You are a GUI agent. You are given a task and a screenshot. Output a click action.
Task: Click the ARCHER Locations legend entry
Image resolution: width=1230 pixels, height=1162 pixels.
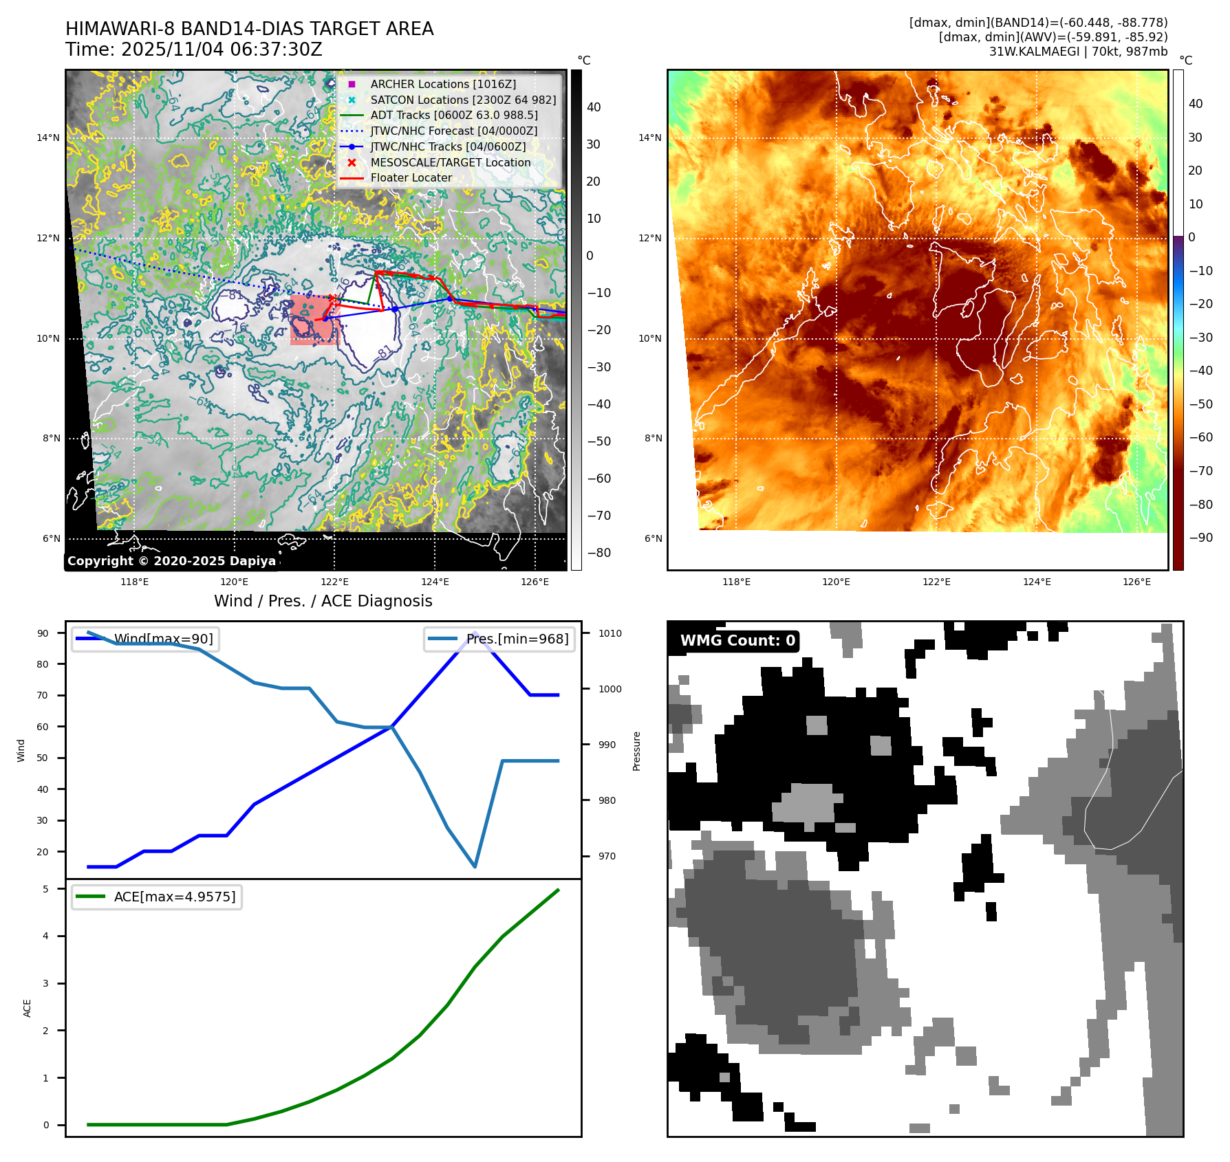point(442,84)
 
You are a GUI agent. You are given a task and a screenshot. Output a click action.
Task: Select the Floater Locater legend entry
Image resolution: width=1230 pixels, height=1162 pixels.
point(411,177)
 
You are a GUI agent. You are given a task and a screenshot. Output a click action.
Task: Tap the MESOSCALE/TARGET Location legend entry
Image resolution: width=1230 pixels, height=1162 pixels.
point(450,162)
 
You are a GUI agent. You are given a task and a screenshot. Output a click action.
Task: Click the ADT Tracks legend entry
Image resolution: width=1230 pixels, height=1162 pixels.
point(453,115)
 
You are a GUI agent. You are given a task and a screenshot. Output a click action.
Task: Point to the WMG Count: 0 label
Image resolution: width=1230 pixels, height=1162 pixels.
point(737,641)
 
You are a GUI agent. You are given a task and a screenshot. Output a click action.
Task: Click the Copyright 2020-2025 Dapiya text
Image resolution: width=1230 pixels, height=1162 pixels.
point(171,561)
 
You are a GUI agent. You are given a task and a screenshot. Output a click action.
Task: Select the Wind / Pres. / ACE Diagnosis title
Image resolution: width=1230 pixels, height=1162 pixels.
point(323,601)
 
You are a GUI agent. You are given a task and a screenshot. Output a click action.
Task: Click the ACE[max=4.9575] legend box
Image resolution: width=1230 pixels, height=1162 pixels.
point(157,897)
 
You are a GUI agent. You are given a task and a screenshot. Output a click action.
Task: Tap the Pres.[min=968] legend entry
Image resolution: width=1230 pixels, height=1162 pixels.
point(500,639)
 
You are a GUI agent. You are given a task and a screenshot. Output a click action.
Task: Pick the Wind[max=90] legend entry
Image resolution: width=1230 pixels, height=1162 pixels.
point(146,639)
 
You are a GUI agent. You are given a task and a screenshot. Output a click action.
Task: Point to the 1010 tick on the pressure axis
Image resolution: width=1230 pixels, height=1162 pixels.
point(609,633)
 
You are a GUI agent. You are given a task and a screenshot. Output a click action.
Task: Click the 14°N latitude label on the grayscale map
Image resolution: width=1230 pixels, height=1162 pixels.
point(48,138)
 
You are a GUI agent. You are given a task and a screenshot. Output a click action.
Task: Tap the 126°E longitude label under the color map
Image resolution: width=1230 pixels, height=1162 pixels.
point(1136,582)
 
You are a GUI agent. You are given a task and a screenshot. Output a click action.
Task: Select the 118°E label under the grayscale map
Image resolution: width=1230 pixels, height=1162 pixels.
point(134,582)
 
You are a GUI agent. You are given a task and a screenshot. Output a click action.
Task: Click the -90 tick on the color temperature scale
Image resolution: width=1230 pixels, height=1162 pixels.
point(1201,538)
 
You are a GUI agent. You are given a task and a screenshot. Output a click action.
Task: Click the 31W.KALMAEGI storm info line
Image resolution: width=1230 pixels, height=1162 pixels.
point(1078,52)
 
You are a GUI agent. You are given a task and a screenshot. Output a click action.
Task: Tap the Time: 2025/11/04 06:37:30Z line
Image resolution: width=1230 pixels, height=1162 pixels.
point(193,50)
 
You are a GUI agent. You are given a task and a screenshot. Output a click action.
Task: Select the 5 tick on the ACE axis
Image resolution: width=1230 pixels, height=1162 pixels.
point(46,889)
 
